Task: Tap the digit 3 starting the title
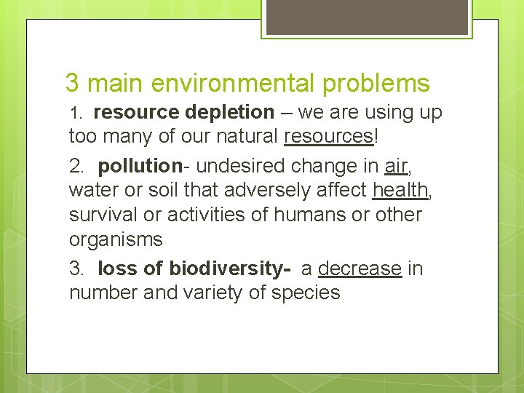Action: coord(71,83)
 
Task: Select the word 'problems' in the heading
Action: coord(376,83)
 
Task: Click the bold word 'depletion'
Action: coord(229,113)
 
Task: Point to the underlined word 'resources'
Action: coord(328,136)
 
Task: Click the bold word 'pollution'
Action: coord(140,166)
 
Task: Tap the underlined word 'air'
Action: coord(394,166)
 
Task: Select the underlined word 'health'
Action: coord(400,191)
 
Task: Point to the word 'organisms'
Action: coord(116,239)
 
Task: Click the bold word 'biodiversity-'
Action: coord(230,269)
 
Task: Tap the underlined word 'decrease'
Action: coord(360,269)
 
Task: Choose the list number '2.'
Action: coord(77,167)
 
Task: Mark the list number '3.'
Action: coord(77,269)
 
